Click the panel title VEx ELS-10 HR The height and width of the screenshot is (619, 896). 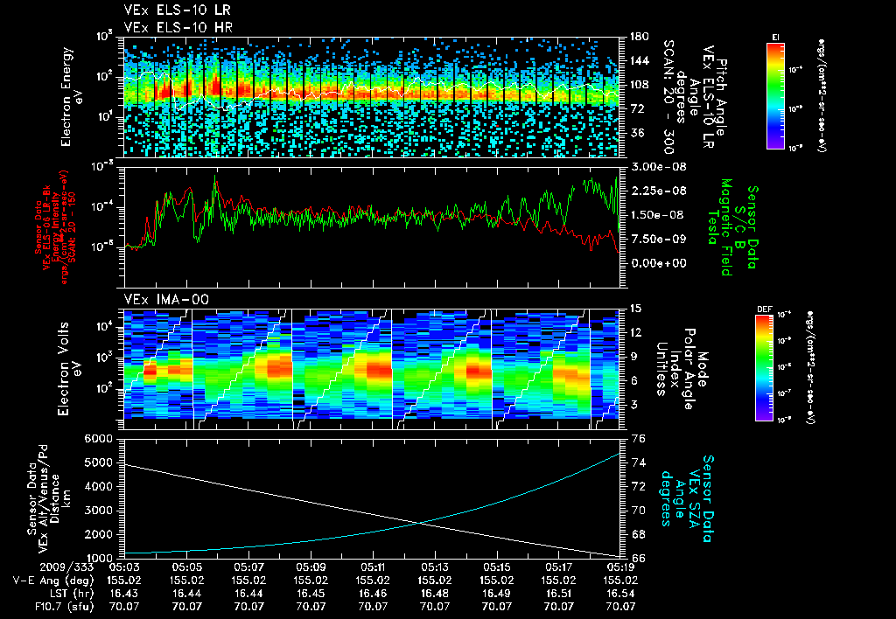pyautogui.click(x=165, y=27)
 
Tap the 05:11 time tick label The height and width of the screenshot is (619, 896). pyautogui.click(x=374, y=567)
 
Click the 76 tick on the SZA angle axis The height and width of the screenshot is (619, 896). pyautogui.click(x=637, y=438)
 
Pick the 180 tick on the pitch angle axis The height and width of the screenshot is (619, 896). pyautogui.click(x=638, y=36)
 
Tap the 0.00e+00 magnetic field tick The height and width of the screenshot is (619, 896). pyautogui.click(x=655, y=263)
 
